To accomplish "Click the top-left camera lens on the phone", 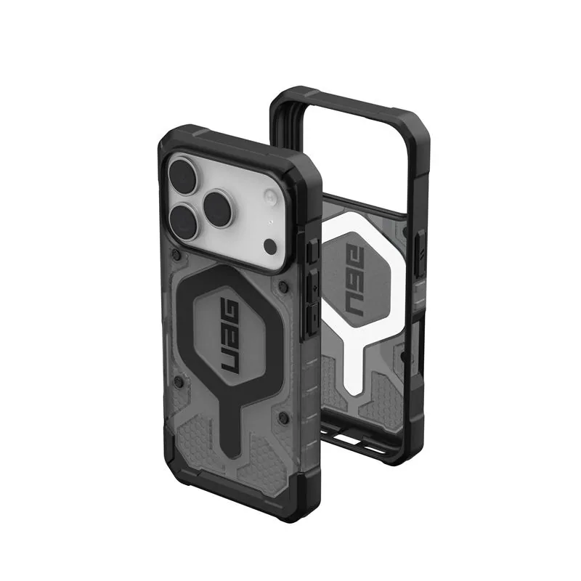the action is pyautogui.click(x=183, y=174).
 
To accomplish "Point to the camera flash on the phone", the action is pyautogui.click(x=270, y=197).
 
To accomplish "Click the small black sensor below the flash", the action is pyautogui.click(x=270, y=245).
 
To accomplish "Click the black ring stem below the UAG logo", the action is pyautogui.click(x=230, y=426).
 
